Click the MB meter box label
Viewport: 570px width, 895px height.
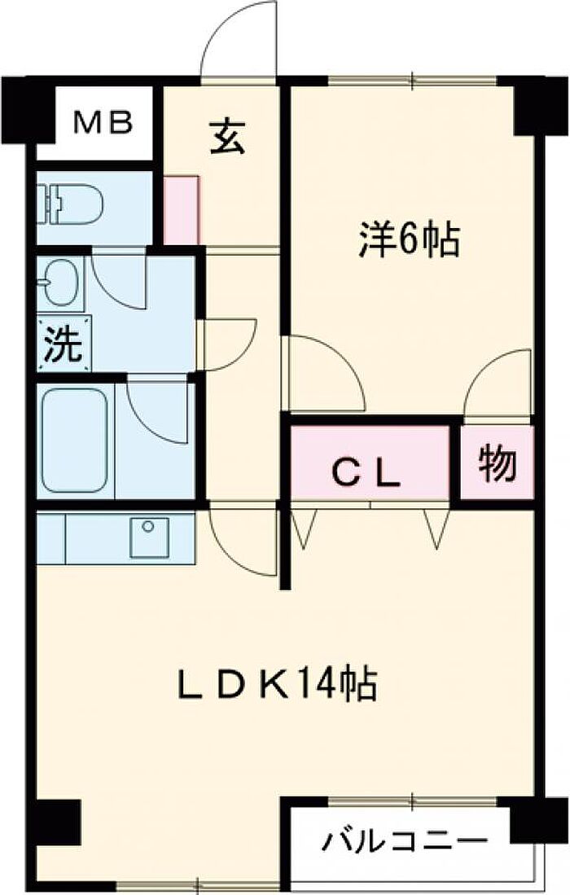103,123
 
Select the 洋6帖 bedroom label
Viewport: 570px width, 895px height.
409,240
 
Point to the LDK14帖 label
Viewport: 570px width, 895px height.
278,684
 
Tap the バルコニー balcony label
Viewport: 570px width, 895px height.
405,839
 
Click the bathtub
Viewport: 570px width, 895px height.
75,440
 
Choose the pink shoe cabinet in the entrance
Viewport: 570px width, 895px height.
181,209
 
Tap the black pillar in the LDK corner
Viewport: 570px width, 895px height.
59,822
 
